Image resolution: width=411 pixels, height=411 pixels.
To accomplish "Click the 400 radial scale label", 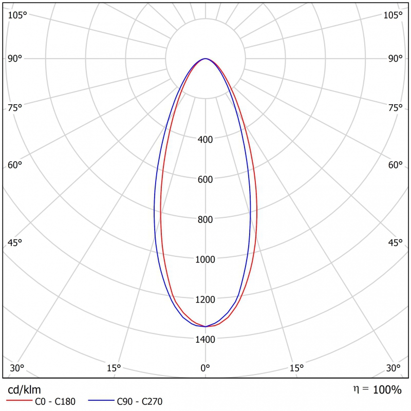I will click(x=205, y=139).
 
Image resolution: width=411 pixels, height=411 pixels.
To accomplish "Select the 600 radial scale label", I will click(x=205, y=179).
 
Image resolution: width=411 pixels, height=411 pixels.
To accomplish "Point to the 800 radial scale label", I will click(x=205, y=219).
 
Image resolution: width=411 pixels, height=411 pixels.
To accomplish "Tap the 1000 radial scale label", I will click(x=205, y=259).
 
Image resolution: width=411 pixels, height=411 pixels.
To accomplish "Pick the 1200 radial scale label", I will click(x=205, y=299).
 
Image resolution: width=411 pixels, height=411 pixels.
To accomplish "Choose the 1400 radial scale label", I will click(x=205, y=339).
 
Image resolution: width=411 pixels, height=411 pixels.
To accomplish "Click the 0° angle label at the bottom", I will click(x=205, y=368).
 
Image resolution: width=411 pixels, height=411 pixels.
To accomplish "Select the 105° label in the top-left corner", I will click(x=17, y=15).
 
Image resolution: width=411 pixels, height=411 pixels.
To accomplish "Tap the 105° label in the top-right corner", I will click(x=394, y=15).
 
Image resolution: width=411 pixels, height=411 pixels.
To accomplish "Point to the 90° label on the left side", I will click(x=15, y=59).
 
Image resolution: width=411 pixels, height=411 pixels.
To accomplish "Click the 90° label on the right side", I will click(x=396, y=59).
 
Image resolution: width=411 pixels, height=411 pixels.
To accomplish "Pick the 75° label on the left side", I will click(x=15, y=107).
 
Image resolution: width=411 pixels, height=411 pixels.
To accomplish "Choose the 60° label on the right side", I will click(x=396, y=165).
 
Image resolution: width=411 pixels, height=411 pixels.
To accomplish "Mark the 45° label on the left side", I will click(x=15, y=242).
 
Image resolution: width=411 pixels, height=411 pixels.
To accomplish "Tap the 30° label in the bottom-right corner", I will click(x=394, y=368).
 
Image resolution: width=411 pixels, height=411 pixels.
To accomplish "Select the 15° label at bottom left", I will click(x=114, y=368).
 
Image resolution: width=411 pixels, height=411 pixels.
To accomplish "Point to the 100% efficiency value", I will click(x=387, y=390).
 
